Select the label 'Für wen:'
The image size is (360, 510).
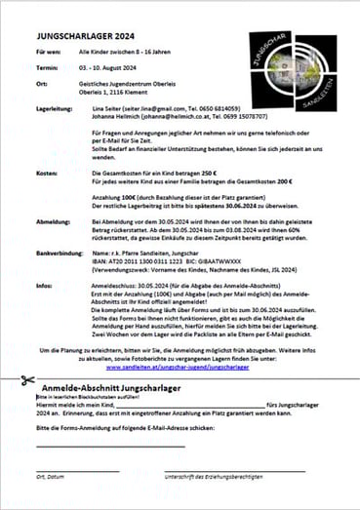point(49,47)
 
